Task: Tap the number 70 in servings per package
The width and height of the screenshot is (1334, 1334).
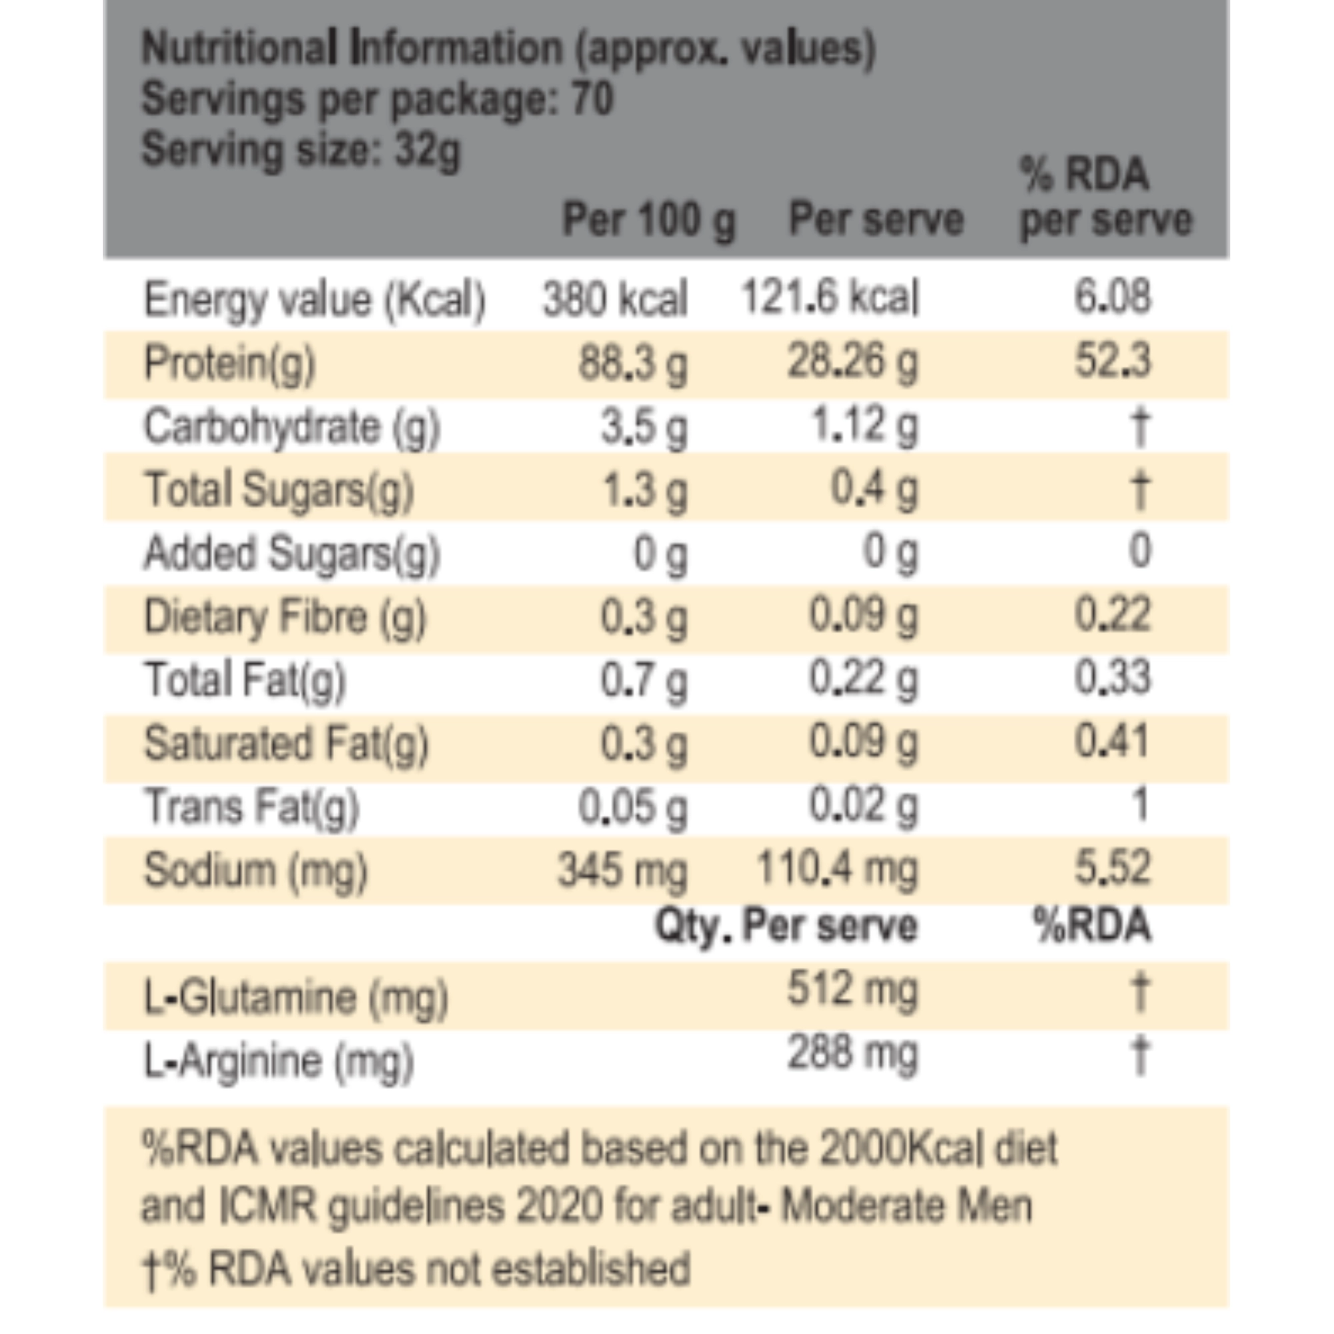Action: (592, 99)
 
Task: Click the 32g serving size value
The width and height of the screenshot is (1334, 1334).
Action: (426, 149)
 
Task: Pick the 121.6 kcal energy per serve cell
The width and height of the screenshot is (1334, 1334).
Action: (830, 297)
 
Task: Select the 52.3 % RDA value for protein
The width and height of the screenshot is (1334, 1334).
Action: (1112, 361)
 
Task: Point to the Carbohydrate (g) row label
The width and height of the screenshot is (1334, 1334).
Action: (291, 427)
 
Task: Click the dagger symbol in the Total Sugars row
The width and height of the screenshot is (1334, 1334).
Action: (1140, 490)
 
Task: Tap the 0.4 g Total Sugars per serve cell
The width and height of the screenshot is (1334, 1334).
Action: (874, 490)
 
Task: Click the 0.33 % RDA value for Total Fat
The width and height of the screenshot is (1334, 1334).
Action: (1112, 678)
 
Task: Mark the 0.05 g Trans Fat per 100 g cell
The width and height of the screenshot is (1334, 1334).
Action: (632, 806)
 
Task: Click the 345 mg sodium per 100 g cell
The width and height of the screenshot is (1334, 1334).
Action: (622, 870)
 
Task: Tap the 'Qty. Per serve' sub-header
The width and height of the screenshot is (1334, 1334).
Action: (786, 926)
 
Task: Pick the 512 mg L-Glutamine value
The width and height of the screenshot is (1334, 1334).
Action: (852, 989)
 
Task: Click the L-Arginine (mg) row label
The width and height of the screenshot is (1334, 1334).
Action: (278, 1061)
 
